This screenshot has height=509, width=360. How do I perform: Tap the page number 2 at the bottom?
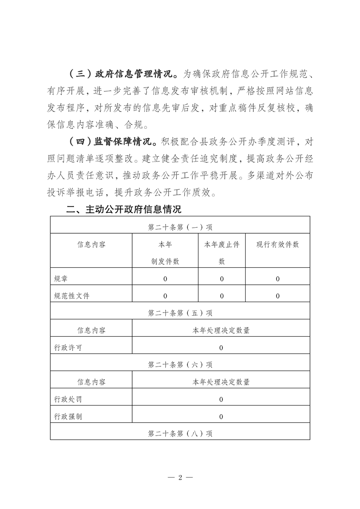click(180, 478)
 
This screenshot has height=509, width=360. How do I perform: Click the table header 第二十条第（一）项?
click(180, 227)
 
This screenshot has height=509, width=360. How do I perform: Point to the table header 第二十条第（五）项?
click(180, 313)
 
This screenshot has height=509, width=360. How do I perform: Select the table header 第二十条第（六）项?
click(180, 364)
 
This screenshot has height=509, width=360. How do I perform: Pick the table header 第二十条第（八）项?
click(180, 434)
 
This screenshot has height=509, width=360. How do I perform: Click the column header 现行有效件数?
click(277, 245)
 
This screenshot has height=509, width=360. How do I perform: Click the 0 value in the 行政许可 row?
click(221, 348)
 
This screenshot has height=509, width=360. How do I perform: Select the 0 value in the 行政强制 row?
click(221, 416)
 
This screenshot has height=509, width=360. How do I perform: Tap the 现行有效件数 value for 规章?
click(277, 279)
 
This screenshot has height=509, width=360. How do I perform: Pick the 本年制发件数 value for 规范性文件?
click(165, 296)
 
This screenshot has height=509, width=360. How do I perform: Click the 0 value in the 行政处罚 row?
click(221, 400)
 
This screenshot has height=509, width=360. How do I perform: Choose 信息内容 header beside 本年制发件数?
click(91, 245)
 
